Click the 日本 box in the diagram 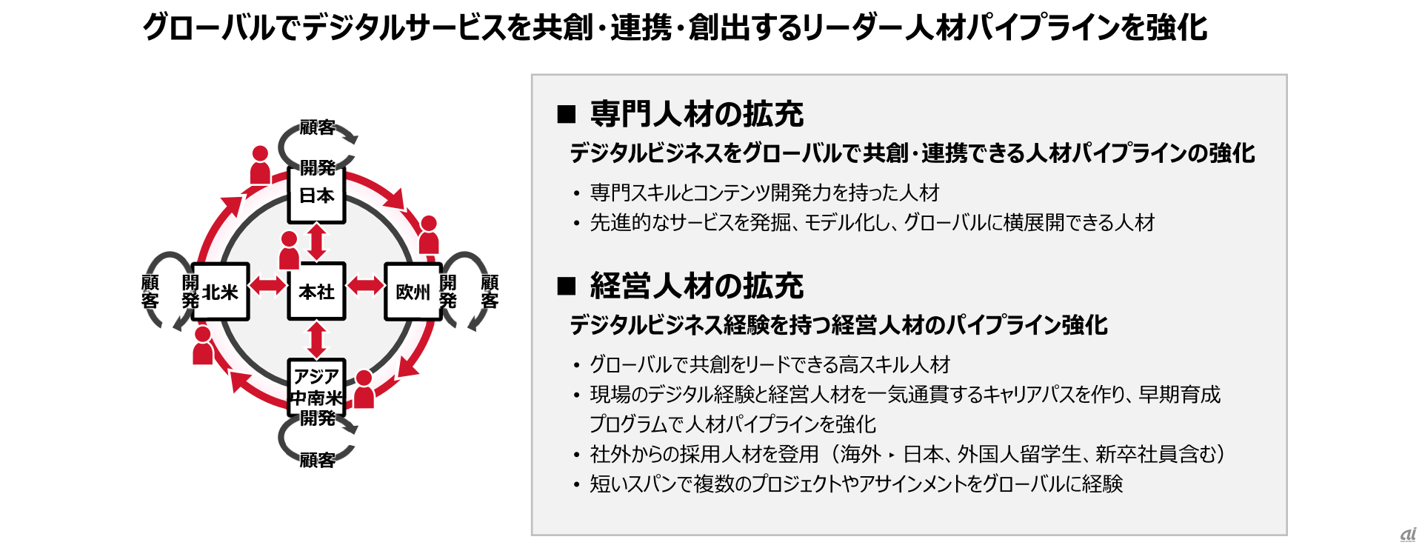tap(316, 196)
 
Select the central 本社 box tap(316, 292)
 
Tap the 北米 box tap(220, 292)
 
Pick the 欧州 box tap(413, 292)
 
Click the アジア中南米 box tap(316, 387)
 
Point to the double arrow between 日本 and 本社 tap(317, 242)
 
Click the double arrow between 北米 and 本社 tap(267, 285)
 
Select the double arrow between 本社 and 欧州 tap(365, 285)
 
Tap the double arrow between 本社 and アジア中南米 tap(317, 340)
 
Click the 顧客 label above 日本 tap(317, 127)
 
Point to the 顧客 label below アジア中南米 tap(317, 461)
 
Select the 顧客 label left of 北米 tap(150, 292)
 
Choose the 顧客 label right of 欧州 tap(490, 292)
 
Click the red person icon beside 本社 tap(289, 250)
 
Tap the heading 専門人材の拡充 tap(696, 114)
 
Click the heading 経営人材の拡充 tap(696, 286)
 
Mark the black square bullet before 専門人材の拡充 tap(567, 114)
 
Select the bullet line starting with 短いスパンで tap(855, 484)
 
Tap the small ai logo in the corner tap(1408, 535)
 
